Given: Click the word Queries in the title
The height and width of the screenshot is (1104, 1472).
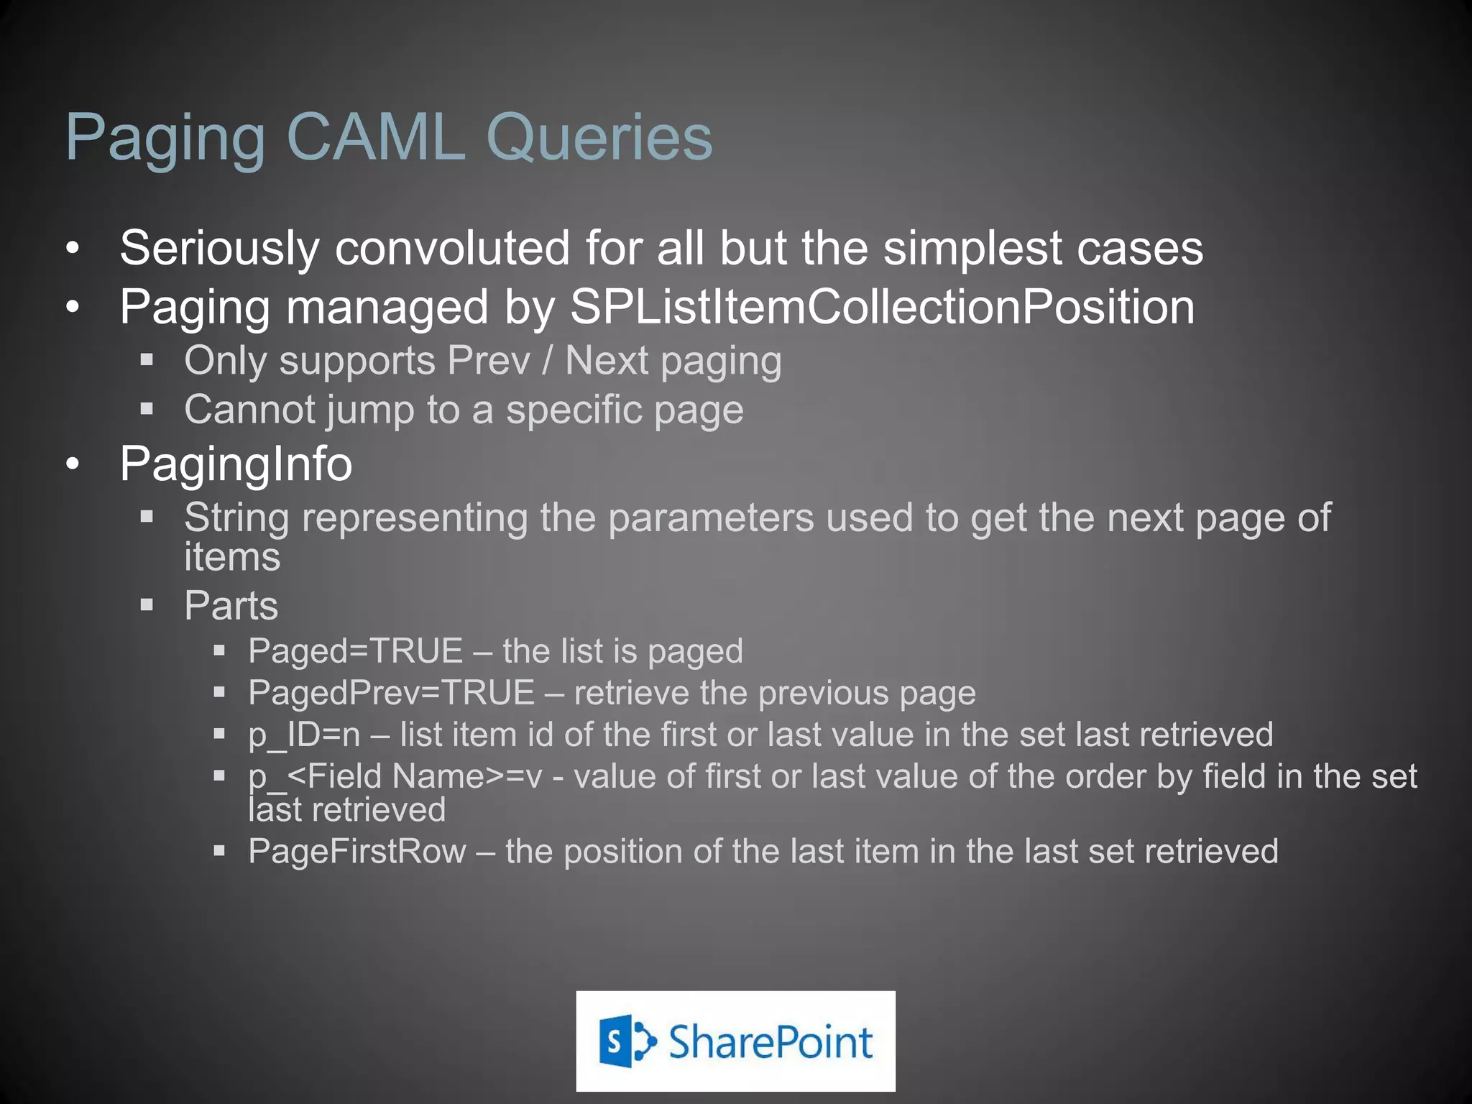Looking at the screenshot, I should click(599, 138).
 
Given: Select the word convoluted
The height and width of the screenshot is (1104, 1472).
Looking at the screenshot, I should click(453, 248).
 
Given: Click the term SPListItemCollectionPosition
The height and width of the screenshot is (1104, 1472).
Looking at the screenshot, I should click(882, 308).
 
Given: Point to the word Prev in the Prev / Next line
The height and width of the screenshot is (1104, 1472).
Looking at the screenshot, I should click(488, 360).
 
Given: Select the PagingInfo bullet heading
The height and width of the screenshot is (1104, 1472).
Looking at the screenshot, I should click(236, 464).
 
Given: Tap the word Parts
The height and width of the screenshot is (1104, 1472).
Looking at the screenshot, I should click(231, 605).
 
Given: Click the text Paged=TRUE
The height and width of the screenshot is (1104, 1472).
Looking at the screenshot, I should click(355, 651).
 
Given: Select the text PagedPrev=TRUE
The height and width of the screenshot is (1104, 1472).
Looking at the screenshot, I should click(391, 693).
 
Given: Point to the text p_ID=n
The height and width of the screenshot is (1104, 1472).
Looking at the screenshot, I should click(304, 735).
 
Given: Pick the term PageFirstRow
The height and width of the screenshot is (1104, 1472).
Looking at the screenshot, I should click(357, 852).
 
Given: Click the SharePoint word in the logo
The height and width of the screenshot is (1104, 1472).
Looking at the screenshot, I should click(770, 1041).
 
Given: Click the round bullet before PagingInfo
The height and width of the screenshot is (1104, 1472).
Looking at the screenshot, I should click(73, 464).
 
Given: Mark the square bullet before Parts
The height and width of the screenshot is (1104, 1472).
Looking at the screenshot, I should click(147, 604).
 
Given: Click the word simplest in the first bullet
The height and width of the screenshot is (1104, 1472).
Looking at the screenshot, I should click(972, 249).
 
